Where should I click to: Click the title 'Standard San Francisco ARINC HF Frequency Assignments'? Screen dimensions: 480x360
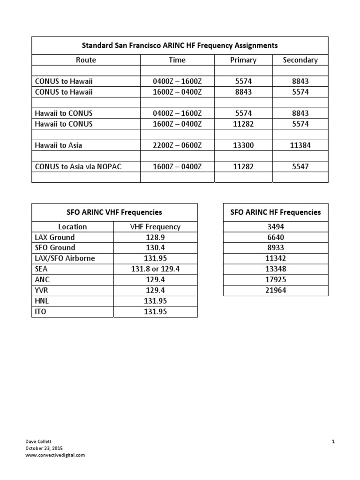(180, 45)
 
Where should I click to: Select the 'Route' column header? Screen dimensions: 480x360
(86, 60)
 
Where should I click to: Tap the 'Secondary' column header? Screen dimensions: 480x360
(300, 60)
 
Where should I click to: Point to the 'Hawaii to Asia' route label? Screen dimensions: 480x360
(59, 145)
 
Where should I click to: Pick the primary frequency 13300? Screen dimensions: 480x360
(243, 145)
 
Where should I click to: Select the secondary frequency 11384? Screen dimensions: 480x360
(300, 145)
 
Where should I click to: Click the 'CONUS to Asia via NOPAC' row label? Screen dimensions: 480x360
(78, 166)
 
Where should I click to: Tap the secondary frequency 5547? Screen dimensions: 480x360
(300, 166)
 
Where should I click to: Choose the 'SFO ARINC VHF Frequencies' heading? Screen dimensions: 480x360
(114, 212)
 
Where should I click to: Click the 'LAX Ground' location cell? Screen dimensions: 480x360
(55, 238)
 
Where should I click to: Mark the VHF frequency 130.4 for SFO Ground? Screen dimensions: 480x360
(155, 248)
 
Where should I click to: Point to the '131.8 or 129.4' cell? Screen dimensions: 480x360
(155, 269)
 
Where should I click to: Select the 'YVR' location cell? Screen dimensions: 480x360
(42, 291)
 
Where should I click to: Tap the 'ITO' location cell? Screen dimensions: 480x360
(41, 312)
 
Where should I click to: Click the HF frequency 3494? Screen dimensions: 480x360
(276, 227)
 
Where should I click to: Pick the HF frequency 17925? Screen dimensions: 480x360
(276, 280)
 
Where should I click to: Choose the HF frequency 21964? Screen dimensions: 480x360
(276, 291)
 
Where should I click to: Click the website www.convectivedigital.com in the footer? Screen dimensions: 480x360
(55, 455)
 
